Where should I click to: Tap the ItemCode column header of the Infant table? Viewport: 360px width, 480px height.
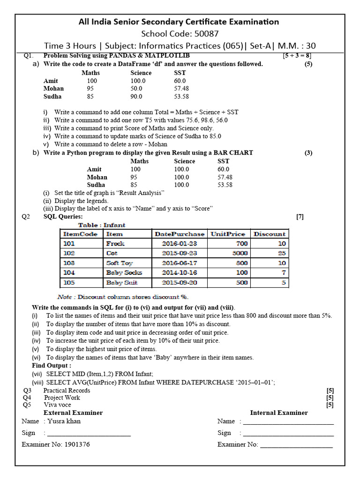click(x=80, y=234)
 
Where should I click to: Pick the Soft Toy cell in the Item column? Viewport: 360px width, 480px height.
click(x=119, y=263)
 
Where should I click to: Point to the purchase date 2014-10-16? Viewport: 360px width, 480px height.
click(x=180, y=273)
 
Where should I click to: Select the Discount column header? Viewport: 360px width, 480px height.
click(x=269, y=234)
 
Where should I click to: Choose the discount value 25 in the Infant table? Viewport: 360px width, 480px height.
click(x=282, y=253)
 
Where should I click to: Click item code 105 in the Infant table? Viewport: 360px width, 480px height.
click(x=69, y=283)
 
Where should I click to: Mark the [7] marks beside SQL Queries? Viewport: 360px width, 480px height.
click(x=300, y=217)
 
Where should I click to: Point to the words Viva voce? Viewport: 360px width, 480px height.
click(x=58, y=405)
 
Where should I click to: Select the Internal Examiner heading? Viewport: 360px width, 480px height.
click(x=279, y=412)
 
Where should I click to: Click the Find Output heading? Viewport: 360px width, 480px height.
click(x=52, y=365)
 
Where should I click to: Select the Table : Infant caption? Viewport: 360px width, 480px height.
click(x=101, y=225)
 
